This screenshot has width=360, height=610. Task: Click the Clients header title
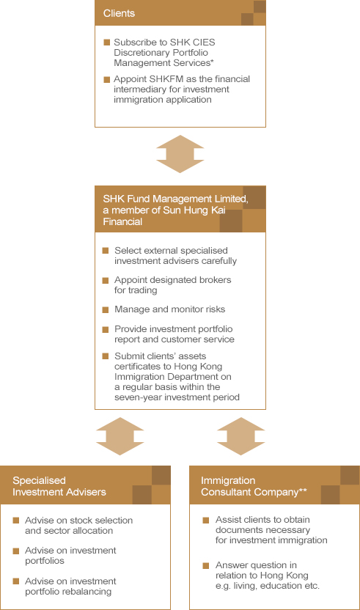click(x=119, y=13)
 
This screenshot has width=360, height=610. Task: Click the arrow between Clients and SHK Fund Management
click(x=180, y=154)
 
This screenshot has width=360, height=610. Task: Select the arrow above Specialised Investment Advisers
click(x=120, y=436)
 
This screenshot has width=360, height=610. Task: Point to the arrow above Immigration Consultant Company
click(x=241, y=436)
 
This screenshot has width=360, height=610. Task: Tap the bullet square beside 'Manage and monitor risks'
click(x=106, y=310)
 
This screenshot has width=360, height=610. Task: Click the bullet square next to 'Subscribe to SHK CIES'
click(x=107, y=42)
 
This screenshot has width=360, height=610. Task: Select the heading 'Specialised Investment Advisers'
click(x=59, y=486)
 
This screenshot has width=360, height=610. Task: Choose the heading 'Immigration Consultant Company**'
click(x=254, y=486)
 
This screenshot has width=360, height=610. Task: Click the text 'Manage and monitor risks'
click(x=169, y=309)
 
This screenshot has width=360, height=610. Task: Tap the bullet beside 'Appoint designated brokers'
click(x=106, y=281)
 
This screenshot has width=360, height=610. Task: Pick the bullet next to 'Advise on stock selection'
click(x=16, y=521)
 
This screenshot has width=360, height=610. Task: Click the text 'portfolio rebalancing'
click(x=68, y=592)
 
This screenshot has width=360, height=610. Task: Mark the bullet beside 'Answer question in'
click(x=206, y=566)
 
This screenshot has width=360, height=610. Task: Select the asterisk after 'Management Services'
click(x=212, y=61)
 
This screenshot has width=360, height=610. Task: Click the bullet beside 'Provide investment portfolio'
click(x=106, y=329)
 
